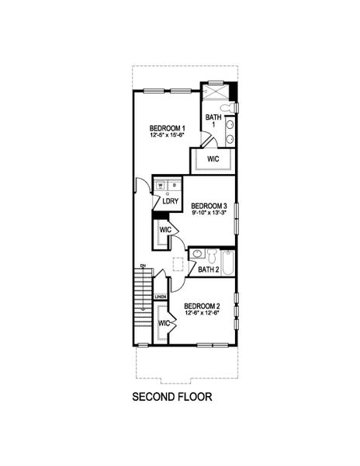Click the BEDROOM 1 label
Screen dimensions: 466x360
click(166, 127)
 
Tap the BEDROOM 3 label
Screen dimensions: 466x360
click(209, 206)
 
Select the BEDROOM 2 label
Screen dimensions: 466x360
click(202, 306)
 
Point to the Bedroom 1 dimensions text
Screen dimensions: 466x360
click(166, 135)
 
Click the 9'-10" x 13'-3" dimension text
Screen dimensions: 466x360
click(209, 214)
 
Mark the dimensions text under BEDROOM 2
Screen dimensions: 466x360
click(202, 314)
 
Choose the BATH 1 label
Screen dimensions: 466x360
click(213, 121)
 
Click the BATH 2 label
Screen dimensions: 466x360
click(208, 270)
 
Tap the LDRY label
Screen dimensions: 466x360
click(171, 201)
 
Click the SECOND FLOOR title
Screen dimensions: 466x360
click(171, 397)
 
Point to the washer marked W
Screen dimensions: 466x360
click(161, 186)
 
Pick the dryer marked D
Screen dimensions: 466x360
click(174, 186)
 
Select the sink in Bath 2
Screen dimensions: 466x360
click(198, 255)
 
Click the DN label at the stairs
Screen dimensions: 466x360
click(143, 266)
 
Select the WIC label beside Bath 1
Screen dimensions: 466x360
click(213, 158)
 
